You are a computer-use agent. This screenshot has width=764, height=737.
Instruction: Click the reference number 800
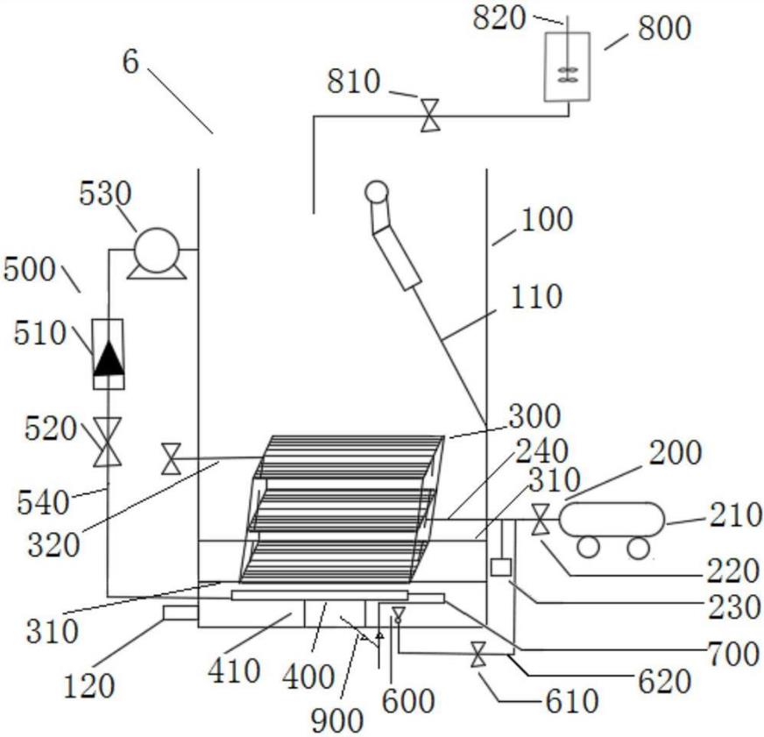click(x=664, y=29)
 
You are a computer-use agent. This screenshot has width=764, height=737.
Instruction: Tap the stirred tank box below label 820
click(x=567, y=67)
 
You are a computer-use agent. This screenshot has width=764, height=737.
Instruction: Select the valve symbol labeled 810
click(x=430, y=116)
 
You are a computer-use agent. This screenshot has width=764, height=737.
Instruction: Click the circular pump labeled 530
click(x=157, y=250)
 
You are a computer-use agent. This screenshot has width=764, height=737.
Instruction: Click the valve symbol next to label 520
click(x=107, y=442)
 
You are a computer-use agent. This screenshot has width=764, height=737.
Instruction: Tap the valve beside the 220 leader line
click(x=540, y=520)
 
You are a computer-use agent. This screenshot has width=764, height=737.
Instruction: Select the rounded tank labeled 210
click(x=612, y=519)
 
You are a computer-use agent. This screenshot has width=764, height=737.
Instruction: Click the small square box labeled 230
click(x=500, y=567)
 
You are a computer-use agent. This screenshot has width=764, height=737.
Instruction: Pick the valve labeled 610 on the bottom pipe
click(x=478, y=655)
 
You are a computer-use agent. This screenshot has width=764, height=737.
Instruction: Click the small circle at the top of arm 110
click(x=377, y=192)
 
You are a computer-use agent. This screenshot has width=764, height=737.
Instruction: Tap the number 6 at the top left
click(x=131, y=62)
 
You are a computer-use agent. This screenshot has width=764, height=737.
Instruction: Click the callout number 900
click(x=337, y=720)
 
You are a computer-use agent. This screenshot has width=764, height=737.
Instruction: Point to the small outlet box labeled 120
click(x=180, y=613)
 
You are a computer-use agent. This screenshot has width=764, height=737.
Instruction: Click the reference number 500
click(x=29, y=269)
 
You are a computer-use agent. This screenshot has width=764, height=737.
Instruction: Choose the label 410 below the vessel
click(x=234, y=670)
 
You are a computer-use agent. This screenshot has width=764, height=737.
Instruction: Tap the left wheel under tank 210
click(x=588, y=547)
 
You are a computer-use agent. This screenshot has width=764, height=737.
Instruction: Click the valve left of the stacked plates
click(x=171, y=458)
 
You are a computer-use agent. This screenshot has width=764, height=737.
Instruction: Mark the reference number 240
click(x=541, y=451)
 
